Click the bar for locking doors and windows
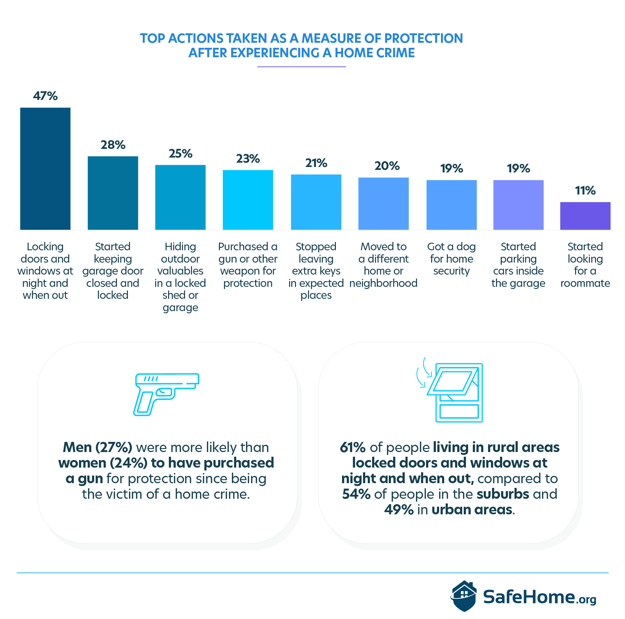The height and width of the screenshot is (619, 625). (x=45, y=168)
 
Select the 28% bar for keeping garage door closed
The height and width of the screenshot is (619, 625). (x=113, y=193)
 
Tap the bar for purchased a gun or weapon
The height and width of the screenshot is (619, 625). (x=248, y=200)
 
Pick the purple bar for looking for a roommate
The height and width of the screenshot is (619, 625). (x=585, y=216)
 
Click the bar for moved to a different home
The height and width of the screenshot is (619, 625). (x=383, y=204)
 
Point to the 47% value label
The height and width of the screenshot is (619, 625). (x=45, y=96)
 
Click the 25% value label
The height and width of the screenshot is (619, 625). (x=180, y=154)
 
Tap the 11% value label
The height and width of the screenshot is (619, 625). (x=585, y=191)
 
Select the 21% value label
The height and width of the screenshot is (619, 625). (x=316, y=163)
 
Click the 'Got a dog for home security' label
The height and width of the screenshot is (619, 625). (x=451, y=259)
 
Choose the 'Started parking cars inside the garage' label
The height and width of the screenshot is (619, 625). (x=518, y=265)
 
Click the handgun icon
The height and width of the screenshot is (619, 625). (x=166, y=394)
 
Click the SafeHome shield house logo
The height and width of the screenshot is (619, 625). (x=464, y=596)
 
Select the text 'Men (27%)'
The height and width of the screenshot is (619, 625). (x=97, y=447)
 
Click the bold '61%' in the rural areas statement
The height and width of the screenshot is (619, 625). (x=353, y=447)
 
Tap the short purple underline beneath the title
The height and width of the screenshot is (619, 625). (x=301, y=67)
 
